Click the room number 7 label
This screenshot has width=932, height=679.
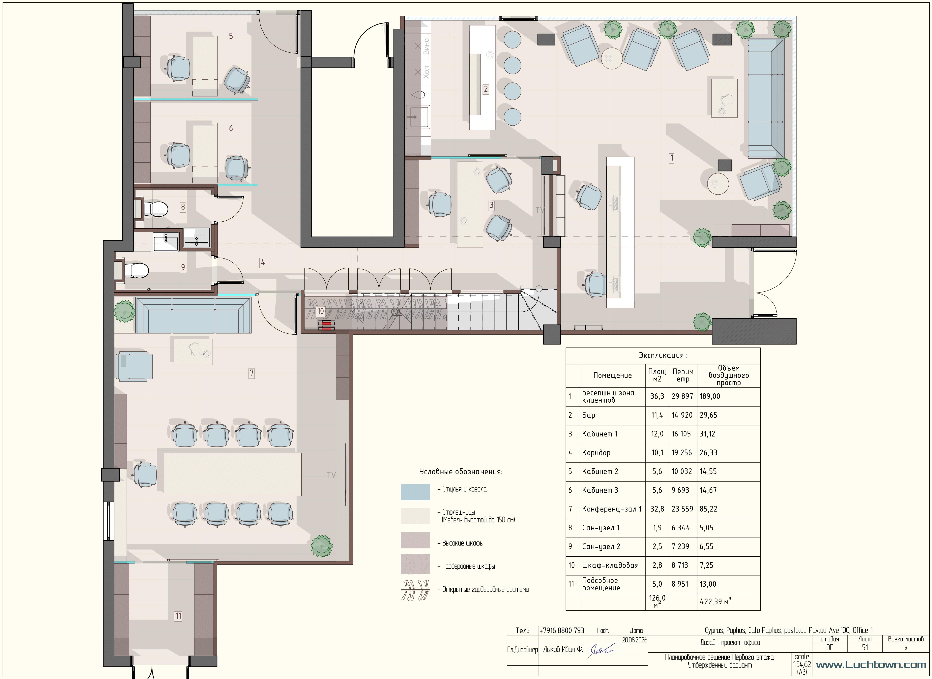click(x=251, y=373)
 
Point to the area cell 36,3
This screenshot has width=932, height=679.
click(x=657, y=396)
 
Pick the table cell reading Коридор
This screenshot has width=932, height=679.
click(x=596, y=452)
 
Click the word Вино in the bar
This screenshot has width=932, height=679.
click(x=426, y=46)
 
